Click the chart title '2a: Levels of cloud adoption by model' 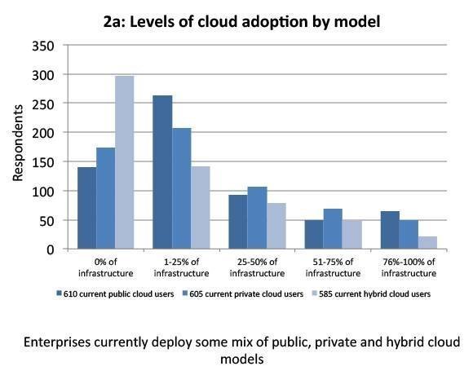241,22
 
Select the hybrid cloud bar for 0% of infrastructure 124,162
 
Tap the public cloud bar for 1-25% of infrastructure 162,172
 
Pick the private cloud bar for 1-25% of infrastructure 182,188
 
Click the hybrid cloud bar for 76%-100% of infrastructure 427,243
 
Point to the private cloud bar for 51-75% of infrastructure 333,229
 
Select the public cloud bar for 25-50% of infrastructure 238,222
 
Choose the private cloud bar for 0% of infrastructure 105,198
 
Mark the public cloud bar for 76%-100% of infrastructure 390,230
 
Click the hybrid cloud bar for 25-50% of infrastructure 276,226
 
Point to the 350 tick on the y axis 43,46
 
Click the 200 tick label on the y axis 43,133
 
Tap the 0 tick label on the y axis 51,250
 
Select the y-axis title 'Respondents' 18,143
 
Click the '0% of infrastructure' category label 105,267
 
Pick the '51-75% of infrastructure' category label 333,267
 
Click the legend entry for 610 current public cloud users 115,294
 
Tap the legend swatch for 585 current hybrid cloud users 314,293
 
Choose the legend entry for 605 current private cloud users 243,294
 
